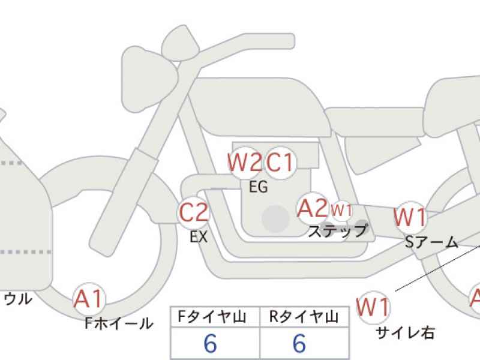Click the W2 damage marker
[x=245, y=162]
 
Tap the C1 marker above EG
[x=280, y=162]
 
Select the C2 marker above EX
[x=193, y=212]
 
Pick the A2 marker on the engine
[x=313, y=208]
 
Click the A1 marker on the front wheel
[x=89, y=299]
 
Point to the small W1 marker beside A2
[x=341, y=211]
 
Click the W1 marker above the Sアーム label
[x=410, y=217]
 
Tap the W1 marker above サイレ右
[x=373, y=307]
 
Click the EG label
[x=259, y=187]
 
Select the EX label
[x=199, y=237]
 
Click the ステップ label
[x=337, y=231]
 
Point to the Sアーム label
[x=431, y=242]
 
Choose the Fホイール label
[x=119, y=323]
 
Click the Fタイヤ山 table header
[x=212, y=317]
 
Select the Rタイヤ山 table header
[x=304, y=317]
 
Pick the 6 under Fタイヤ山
[x=211, y=343]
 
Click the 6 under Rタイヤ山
[x=299, y=343]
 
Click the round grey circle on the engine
[x=276, y=218]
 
